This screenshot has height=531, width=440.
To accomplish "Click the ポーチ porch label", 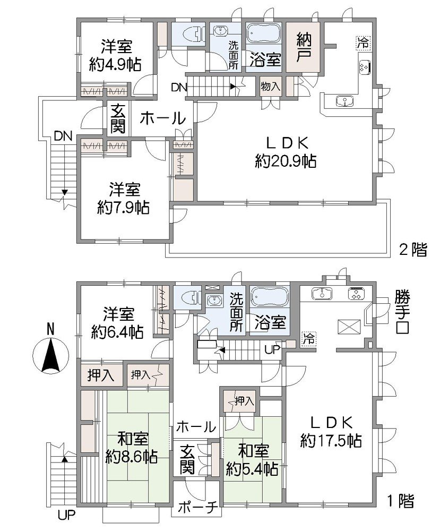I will click(196, 508).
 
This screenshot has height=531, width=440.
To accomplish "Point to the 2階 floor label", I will click(412, 250).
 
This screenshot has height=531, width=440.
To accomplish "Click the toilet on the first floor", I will click(187, 296).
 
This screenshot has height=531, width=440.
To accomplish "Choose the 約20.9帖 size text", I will click(286, 162).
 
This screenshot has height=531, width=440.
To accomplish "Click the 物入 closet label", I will click(270, 86).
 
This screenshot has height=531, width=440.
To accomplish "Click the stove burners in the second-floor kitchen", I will click(365, 67).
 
